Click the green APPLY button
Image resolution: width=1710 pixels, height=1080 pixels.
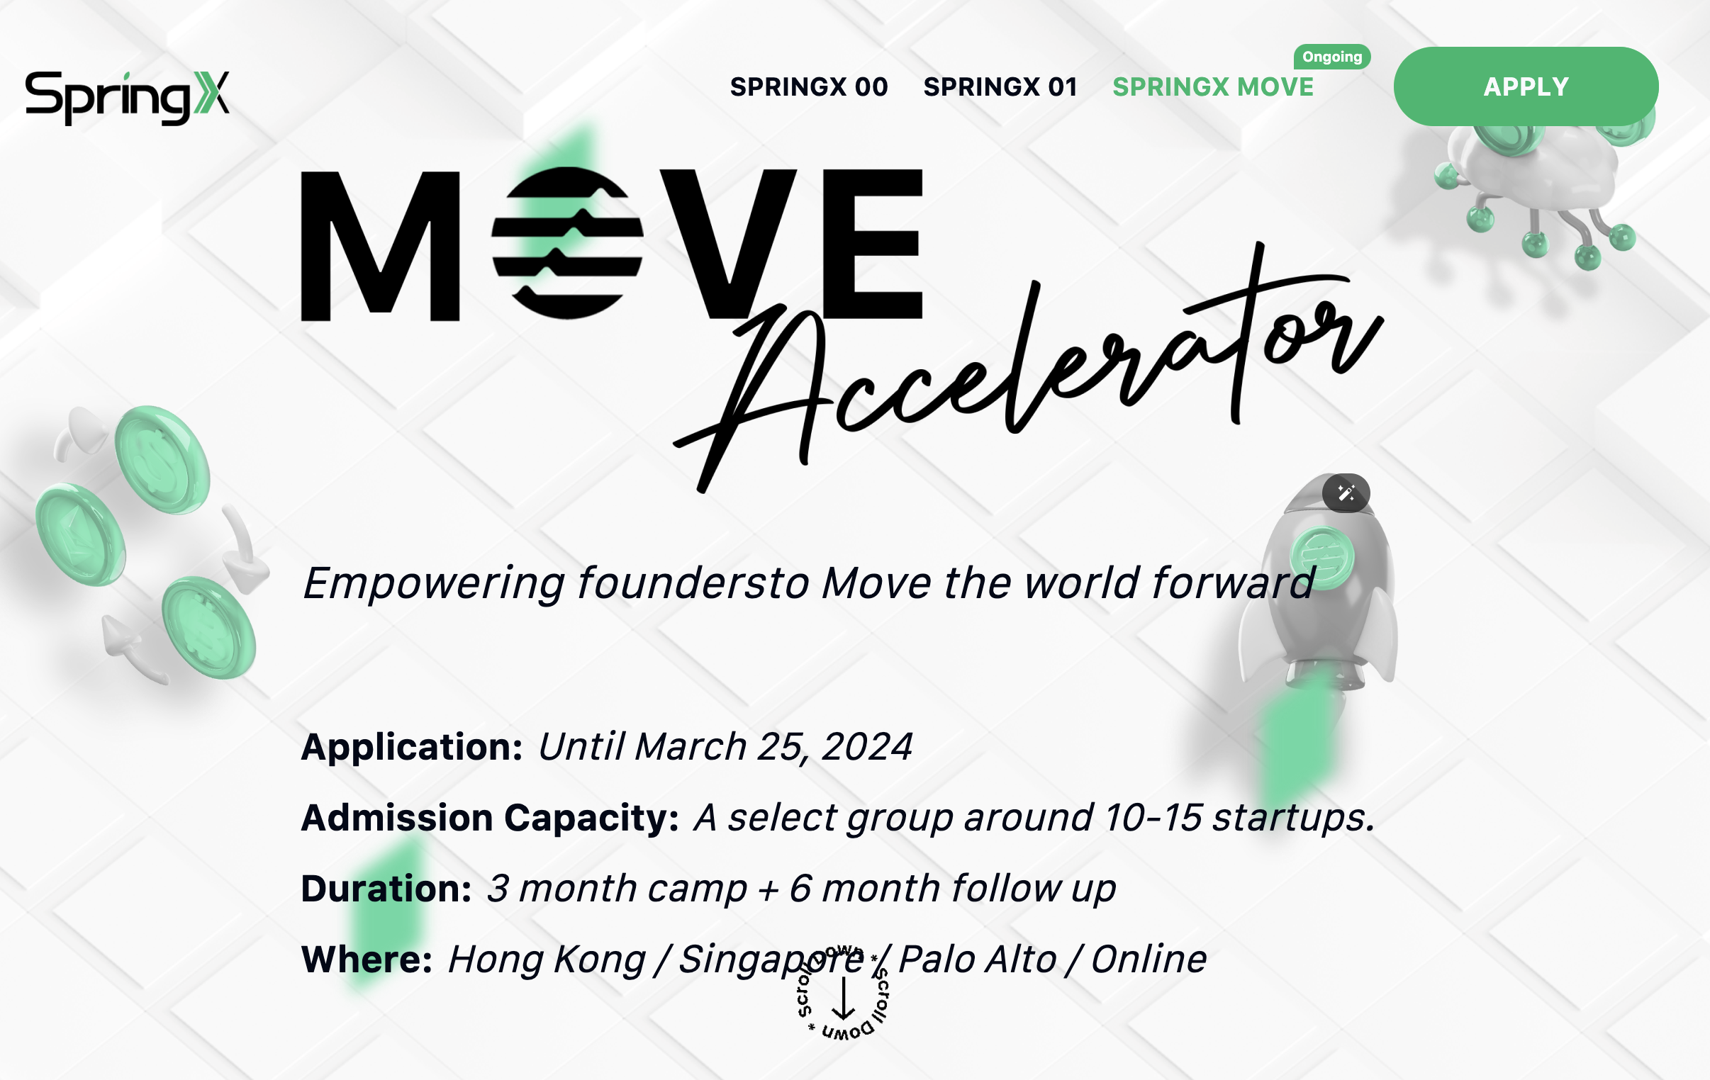[x=1526, y=86]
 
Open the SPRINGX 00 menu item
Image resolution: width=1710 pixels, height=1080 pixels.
[x=809, y=86]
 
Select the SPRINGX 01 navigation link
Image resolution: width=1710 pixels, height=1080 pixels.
[x=1000, y=86]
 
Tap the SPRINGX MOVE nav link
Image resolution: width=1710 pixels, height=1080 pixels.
[x=1213, y=86]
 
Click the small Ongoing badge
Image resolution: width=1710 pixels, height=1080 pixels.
[x=1331, y=57]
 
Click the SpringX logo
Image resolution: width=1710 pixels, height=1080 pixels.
[x=127, y=97]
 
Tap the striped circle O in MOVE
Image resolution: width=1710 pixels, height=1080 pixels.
[x=567, y=243]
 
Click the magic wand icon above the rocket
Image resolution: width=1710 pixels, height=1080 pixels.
[x=1346, y=493]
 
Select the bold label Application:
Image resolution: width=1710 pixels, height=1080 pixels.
[x=412, y=747]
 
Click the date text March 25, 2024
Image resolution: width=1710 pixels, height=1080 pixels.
[x=773, y=747]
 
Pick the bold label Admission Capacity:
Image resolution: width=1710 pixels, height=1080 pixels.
[x=490, y=817]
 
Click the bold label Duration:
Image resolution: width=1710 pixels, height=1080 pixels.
[x=386, y=888]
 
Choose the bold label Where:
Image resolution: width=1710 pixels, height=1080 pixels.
[x=367, y=960]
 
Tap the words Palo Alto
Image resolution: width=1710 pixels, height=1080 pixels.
[x=977, y=960]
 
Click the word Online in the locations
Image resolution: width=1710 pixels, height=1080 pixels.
[x=1149, y=960]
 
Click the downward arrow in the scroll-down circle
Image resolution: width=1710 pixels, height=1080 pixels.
[x=843, y=998]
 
